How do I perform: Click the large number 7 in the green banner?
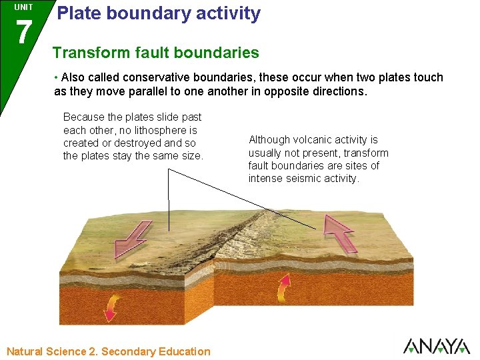point(23,33)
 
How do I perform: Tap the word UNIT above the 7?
point(23,7)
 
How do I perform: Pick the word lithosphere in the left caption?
point(160,130)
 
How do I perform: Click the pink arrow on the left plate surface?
point(133,240)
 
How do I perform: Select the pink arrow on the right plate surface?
point(339,233)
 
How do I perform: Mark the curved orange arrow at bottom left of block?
point(110,308)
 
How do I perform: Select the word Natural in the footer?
point(25,351)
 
